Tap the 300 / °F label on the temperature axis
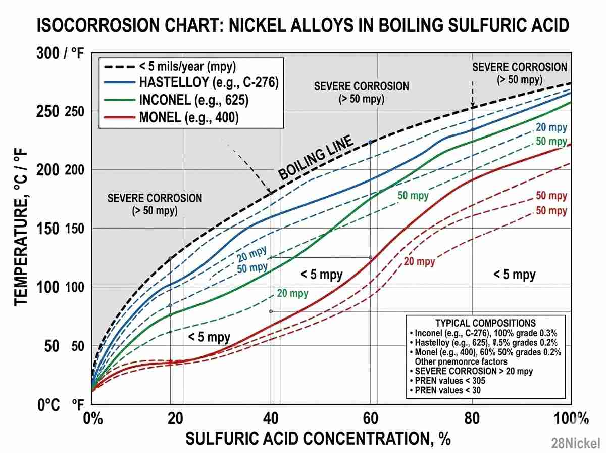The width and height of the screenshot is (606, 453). coord(59,54)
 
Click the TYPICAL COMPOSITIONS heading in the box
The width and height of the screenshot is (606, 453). coord(485,323)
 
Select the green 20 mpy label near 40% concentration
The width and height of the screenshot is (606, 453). coord(292,293)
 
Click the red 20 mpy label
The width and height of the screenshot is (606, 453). coord(419,261)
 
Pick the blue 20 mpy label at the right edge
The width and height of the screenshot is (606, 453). coord(551,128)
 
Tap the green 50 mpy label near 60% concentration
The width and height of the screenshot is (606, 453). coord(413,196)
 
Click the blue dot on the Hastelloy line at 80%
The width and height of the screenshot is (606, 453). coord(473,129)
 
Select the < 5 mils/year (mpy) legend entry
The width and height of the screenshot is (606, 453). coord(187,66)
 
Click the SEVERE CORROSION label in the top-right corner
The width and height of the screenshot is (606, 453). coord(519,67)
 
